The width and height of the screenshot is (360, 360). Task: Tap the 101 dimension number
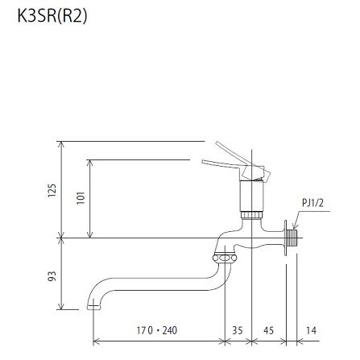coord(80,197)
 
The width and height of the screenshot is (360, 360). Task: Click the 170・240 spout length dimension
coord(156,330)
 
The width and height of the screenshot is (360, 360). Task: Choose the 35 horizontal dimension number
coord(237,330)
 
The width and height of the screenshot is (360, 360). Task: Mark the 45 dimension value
coord(269,330)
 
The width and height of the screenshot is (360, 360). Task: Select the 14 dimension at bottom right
coord(312,330)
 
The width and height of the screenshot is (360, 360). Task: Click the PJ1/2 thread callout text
coord(312,204)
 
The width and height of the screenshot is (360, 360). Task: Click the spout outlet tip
coord(95,306)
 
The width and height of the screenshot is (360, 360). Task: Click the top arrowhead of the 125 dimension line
coord(61,142)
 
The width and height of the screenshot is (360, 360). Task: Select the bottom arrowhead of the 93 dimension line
coord(61,308)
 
